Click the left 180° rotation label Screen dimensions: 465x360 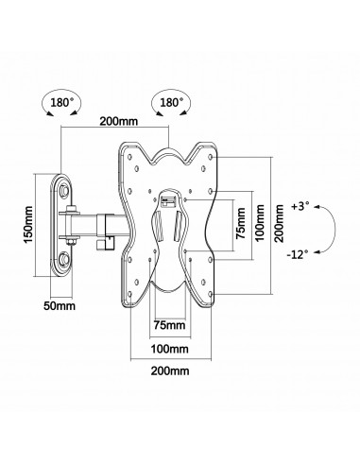pos(58,98)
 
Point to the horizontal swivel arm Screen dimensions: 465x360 pos(94,225)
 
